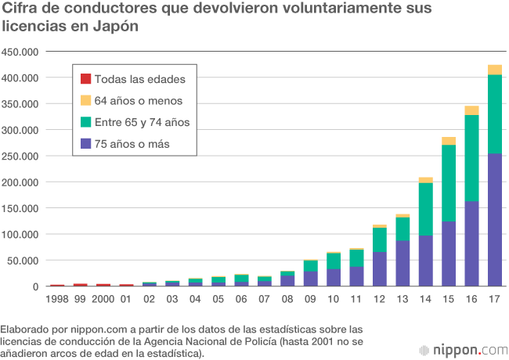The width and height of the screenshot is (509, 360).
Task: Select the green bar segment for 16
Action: click(471, 158)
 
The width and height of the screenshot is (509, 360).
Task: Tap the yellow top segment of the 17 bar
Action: click(494, 70)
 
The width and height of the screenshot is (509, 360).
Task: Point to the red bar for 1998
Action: click(57, 285)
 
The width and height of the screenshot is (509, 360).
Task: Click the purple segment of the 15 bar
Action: click(448, 254)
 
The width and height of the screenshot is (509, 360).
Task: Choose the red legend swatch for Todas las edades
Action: click(85, 78)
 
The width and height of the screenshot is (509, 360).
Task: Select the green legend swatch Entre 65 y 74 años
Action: click(85, 121)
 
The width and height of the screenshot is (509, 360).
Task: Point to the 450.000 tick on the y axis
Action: click(20, 52)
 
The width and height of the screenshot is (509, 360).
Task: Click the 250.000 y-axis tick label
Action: click(20, 156)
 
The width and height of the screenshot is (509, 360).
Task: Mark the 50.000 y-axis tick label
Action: click(23, 260)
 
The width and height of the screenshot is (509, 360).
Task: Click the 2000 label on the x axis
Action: click(103, 298)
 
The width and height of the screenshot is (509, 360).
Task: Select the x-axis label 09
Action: click(311, 298)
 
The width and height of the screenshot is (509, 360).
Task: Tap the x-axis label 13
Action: click(403, 298)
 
